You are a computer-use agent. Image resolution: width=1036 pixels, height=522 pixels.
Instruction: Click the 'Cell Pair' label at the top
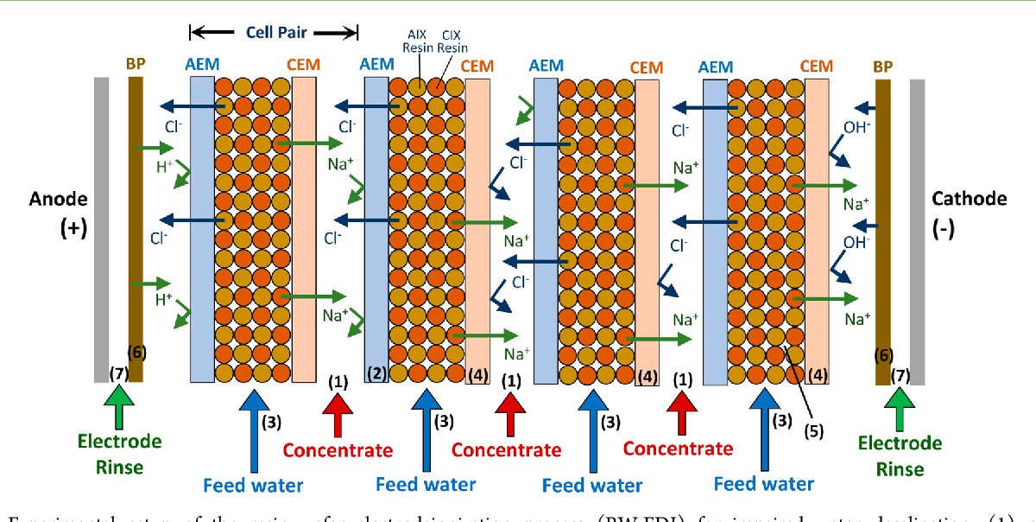(274, 33)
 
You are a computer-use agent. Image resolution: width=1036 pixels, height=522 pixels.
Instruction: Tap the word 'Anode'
(59, 200)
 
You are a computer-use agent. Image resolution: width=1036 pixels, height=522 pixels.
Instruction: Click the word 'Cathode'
(970, 199)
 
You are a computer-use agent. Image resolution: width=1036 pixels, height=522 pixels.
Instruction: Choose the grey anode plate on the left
(102, 229)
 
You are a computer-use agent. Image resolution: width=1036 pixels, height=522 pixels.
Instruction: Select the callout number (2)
(376, 372)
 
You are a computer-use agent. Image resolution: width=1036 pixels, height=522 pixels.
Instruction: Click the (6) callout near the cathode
(882, 354)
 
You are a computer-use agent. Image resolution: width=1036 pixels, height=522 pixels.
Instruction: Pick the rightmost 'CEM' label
(816, 67)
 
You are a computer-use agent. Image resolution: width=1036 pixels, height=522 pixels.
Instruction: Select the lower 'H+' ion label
(163, 298)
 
